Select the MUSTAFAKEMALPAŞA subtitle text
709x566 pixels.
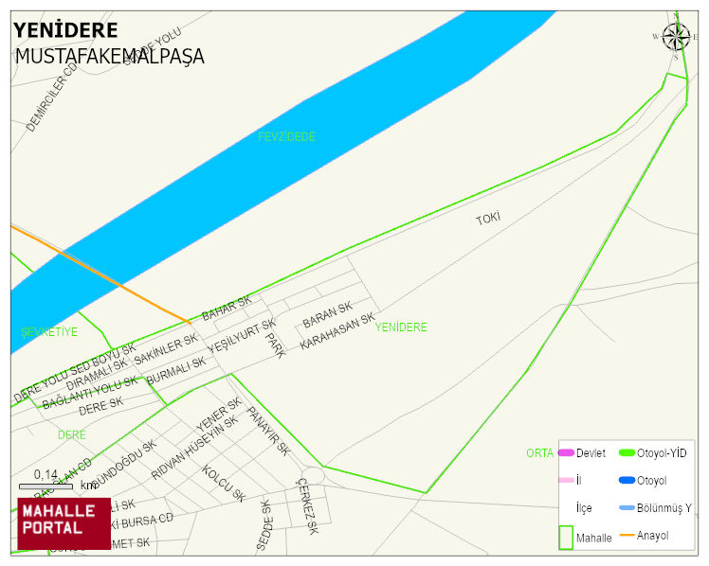109,57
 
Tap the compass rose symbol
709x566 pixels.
676,37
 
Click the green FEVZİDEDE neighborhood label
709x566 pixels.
286,137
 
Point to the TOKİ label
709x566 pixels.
487,219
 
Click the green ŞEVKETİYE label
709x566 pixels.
49,332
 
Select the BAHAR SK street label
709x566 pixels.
227,308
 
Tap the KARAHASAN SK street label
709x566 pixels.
337,332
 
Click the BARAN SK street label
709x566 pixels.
327,315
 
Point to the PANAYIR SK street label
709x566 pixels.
267,431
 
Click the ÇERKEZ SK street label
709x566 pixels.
305,506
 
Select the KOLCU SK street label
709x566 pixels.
223,483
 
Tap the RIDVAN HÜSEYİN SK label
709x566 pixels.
194,448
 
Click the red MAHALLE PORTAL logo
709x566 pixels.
64,523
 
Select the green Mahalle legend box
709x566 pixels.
566,537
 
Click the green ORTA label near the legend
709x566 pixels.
539,453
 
